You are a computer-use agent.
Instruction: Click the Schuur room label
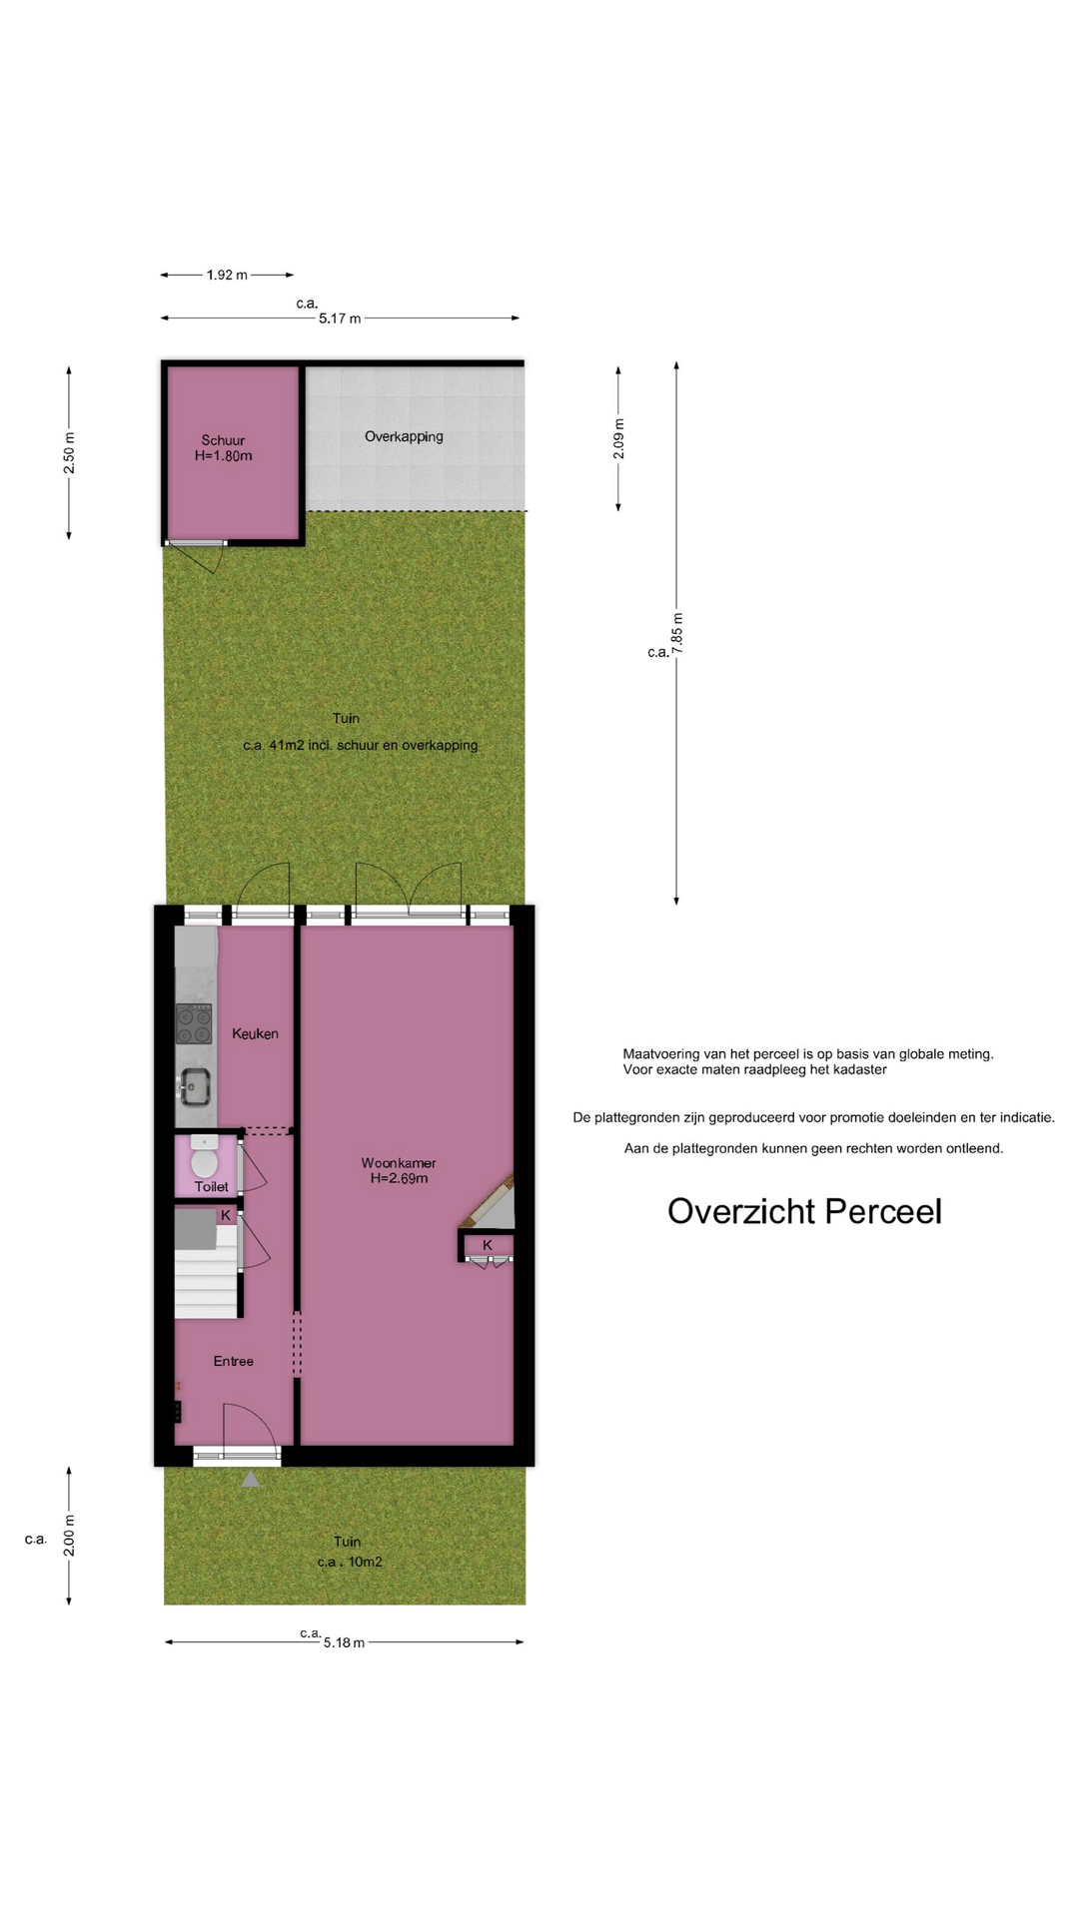pos(223,440)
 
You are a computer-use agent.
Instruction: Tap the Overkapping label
pos(404,436)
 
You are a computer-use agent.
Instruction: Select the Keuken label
pos(255,1033)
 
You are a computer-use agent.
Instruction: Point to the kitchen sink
pos(194,1086)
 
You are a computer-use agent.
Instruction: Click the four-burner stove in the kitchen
pos(194,1023)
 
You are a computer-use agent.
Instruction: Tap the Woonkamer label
pos(399,1163)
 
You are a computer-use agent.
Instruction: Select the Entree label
pos(233,1361)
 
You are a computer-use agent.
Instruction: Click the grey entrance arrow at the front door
pos(251,1479)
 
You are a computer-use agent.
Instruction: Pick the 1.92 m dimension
pos(227,275)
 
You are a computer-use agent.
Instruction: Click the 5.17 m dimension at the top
pos(340,319)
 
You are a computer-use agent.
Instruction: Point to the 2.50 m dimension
pos(69,453)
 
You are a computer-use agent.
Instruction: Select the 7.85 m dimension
pos(677,634)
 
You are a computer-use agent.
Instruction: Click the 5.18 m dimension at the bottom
pos(344,1642)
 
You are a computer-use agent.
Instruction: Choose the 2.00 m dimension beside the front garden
pos(69,1536)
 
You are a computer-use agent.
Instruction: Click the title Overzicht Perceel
pos(804,1211)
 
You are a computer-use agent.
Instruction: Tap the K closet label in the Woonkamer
pos(488,1245)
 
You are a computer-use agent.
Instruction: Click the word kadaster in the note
pos(858,1069)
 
